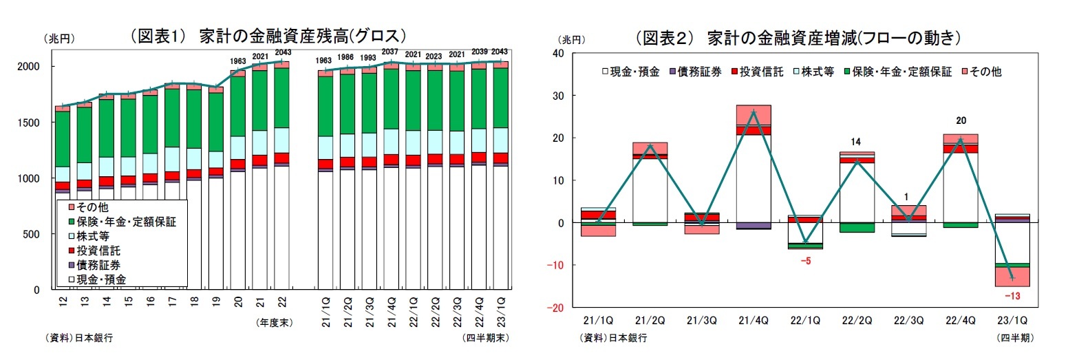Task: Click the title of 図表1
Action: (x=269, y=36)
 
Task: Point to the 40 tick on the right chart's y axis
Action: (x=557, y=53)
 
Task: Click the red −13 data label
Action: (x=1012, y=296)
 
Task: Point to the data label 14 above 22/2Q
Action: (x=856, y=142)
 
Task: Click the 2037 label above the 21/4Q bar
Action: (x=391, y=52)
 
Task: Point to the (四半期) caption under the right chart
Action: (x=1014, y=337)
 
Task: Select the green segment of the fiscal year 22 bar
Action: (x=281, y=98)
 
